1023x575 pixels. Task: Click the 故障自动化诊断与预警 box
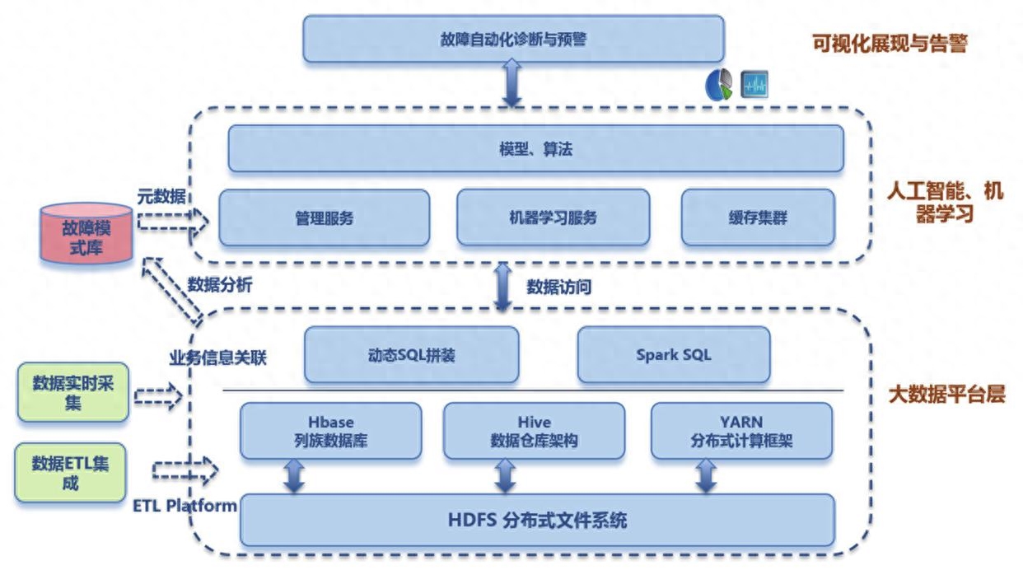pyautogui.click(x=512, y=39)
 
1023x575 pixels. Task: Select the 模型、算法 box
pyautogui.click(x=535, y=149)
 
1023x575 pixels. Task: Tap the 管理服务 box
pyautogui.click(x=324, y=217)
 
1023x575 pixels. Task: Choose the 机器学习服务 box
pyautogui.click(x=553, y=217)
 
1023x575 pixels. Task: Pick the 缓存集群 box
pyautogui.click(x=758, y=217)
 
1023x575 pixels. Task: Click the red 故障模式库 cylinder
pyautogui.click(x=86, y=236)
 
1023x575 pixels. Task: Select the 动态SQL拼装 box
pyautogui.click(x=412, y=355)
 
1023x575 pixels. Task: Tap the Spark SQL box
pyautogui.click(x=674, y=355)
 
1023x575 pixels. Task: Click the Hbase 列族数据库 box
pyautogui.click(x=330, y=431)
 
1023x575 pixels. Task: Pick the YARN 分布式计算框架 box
pyautogui.click(x=741, y=431)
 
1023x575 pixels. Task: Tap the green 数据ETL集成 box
pyautogui.click(x=69, y=473)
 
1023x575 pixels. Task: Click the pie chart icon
pyautogui.click(x=719, y=85)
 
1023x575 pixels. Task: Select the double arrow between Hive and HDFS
pyautogui.click(x=505, y=476)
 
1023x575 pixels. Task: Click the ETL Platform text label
pyautogui.click(x=185, y=505)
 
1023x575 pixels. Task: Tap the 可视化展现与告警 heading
pyautogui.click(x=889, y=44)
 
